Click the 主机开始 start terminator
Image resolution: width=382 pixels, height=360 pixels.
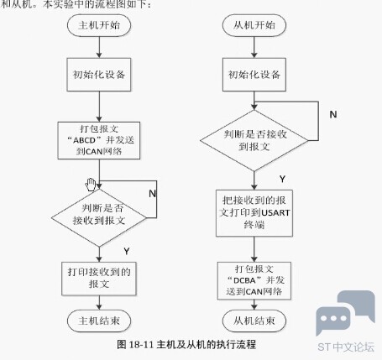99,25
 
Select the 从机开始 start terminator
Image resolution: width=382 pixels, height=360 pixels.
254,25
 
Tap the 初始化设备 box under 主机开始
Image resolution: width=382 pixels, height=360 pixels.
99,75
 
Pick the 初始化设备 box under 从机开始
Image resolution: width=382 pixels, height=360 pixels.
254,75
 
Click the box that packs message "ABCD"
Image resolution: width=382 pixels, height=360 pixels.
99,140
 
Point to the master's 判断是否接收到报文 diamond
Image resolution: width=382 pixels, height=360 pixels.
99,218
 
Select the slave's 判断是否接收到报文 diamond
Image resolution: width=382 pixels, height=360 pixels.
254,140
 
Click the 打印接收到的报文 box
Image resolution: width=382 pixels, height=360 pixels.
99,279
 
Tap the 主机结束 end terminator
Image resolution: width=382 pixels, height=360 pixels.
99,321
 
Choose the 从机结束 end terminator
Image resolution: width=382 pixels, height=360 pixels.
254,321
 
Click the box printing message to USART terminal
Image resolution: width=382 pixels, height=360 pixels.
254,213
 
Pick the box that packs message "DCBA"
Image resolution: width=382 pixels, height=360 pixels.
254,280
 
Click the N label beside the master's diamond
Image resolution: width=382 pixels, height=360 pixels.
152,193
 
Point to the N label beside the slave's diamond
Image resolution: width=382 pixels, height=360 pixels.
333,114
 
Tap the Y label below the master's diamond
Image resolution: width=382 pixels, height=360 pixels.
127,251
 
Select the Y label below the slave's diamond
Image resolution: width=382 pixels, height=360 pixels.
282,179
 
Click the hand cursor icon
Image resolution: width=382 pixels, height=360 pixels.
91,185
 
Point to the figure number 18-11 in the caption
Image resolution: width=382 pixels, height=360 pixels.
141,345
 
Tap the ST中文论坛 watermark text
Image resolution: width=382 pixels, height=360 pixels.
346,347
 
